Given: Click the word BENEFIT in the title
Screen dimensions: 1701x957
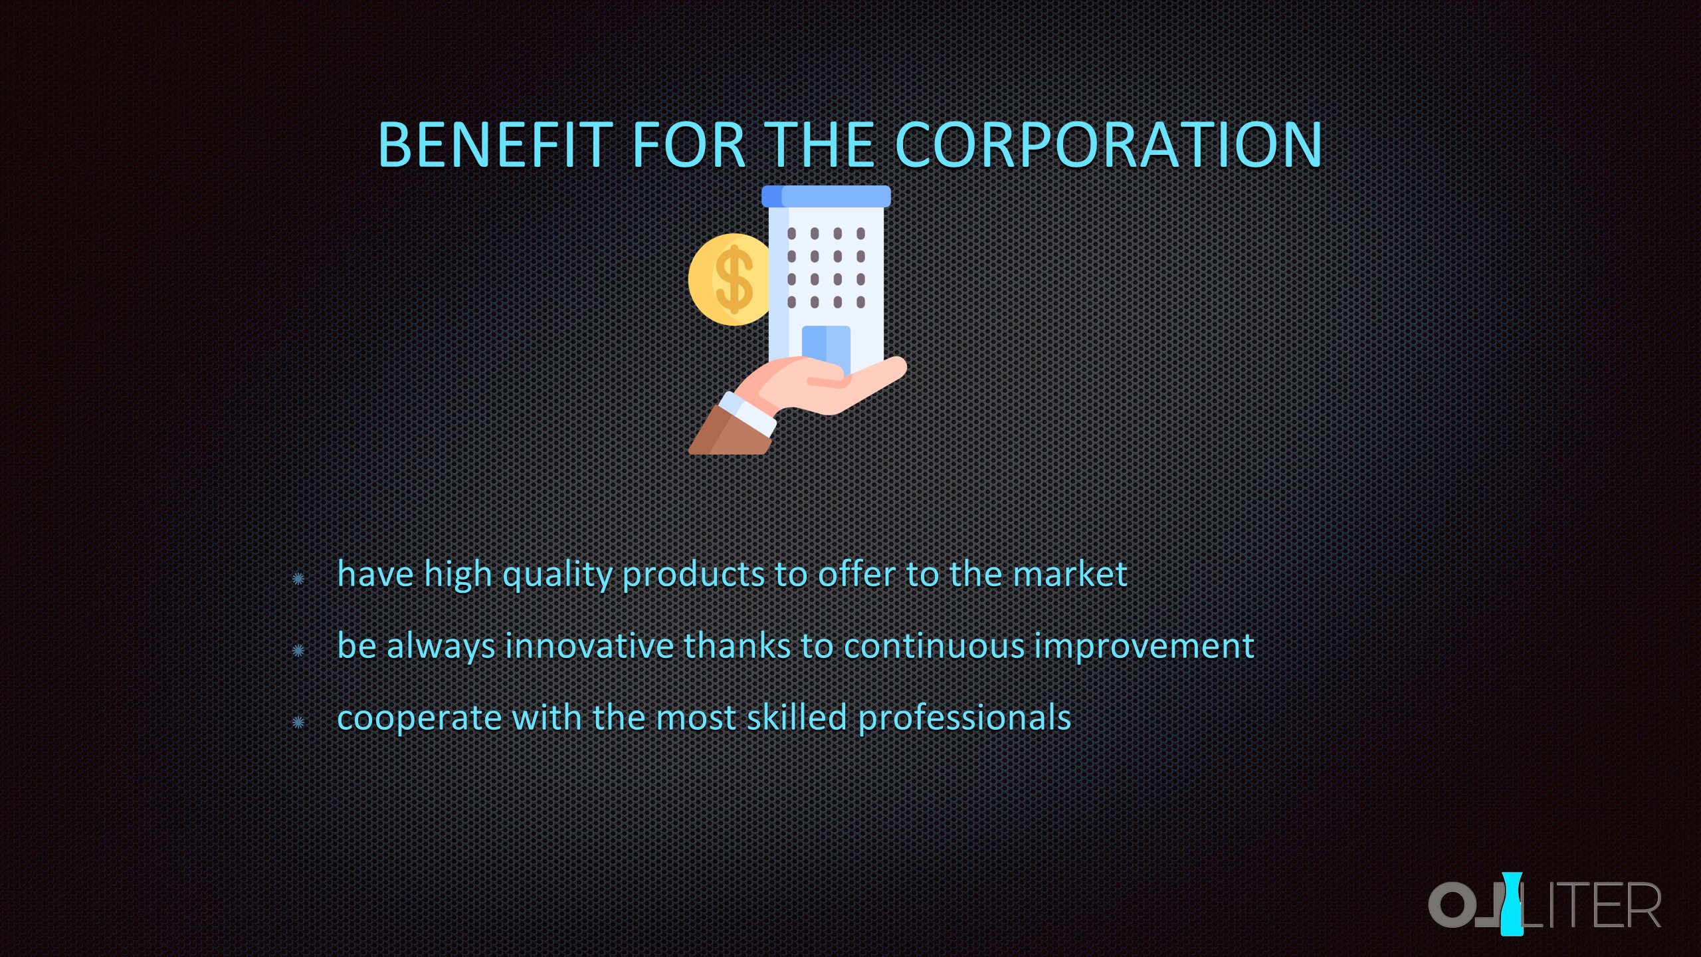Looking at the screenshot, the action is (495, 145).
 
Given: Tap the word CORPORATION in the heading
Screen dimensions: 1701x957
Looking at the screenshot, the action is (1109, 145).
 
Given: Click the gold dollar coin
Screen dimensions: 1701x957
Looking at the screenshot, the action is (730, 280).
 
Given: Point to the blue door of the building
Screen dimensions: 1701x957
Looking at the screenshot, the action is (826, 349).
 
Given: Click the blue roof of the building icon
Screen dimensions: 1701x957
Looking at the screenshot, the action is (826, 196).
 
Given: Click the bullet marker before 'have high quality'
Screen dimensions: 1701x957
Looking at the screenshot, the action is (298, 579).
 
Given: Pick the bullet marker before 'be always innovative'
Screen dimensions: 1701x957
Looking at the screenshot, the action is (298, 650).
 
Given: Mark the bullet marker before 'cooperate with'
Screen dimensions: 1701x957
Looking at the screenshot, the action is (298, 722).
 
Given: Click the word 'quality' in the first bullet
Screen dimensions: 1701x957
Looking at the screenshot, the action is (557, 575).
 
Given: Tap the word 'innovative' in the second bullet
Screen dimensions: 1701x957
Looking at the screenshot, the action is (589, 646).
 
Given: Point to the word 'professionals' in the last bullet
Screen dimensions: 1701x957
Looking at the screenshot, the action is (964, 718).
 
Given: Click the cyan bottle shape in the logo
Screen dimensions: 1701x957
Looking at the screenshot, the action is (1512, 904).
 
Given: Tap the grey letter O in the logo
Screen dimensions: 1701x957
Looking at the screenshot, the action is (1451, 904).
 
